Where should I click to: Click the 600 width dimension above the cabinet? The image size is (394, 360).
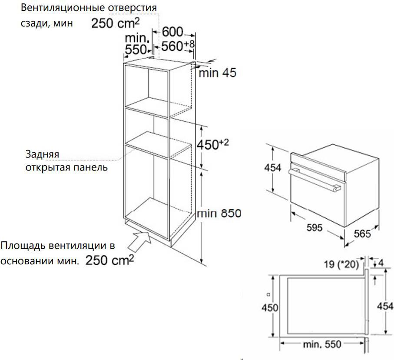tap(172, 32)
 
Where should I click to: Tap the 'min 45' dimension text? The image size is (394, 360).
tap(218, 73)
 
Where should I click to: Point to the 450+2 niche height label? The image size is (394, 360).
tap(212, 145)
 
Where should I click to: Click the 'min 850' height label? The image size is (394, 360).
tap(219, 213)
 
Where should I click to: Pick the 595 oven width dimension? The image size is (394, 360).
tap(315, 228)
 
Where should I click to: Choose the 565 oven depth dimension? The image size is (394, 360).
tap(362, 234)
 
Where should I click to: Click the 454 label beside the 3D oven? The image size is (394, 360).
tap(273, 167)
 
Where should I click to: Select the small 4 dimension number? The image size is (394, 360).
tap(381, 263)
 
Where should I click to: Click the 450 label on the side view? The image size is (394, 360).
tap(270, 308)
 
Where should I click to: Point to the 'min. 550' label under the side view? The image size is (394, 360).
tap(322, 344)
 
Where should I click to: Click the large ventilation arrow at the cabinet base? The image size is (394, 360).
tap(140, 241)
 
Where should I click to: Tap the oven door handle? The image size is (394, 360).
tap(315, 180)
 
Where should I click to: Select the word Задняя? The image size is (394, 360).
tap(42, 154)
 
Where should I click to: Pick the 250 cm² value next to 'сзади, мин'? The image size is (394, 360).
tap(116, 23)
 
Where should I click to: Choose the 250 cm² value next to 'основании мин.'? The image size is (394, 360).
tap(109, 260)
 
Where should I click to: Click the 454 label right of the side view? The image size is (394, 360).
tap(385, 306)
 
